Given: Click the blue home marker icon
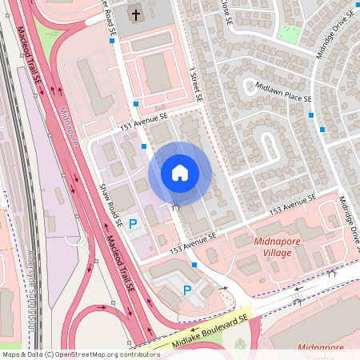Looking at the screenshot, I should (180, 173).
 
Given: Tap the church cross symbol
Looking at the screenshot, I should (135, 14).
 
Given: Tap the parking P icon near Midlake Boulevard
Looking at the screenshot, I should (188, 290).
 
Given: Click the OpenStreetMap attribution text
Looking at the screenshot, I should (81, 354).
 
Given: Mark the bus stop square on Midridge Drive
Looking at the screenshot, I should (322, 128).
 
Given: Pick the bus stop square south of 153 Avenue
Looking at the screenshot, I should (194, 264).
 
